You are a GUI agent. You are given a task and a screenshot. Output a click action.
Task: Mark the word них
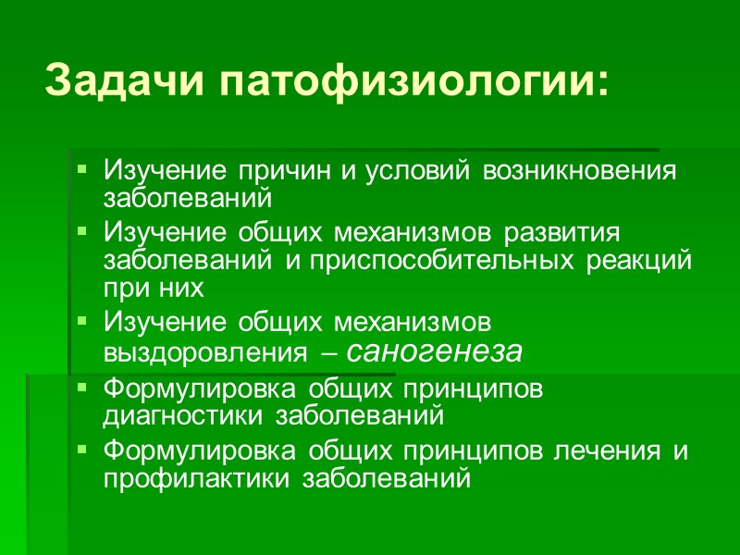179,289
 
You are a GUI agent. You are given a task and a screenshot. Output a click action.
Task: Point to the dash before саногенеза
330,352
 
